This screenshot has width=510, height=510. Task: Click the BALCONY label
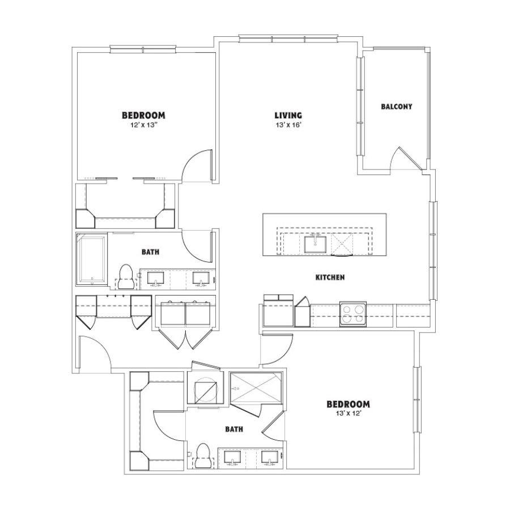click(397, 107)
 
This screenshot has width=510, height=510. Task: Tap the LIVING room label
click(288, 115)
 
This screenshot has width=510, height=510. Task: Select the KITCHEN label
click(330, 278)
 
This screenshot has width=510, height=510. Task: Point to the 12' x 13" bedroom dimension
click(143, 125)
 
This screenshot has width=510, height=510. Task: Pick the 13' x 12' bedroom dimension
click(348, 414)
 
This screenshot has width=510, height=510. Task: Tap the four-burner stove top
click(353, 314)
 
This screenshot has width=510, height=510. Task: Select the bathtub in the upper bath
click(92, 259)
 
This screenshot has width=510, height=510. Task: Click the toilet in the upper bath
click(126, 277)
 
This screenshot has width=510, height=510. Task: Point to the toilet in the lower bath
click(204, 456)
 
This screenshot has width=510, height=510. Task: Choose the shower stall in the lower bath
click(256, 387)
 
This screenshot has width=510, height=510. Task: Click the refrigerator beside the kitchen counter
click(278, 311)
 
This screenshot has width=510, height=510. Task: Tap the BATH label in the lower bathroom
click(234, 430)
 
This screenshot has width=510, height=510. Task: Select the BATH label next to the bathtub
click(151, 252)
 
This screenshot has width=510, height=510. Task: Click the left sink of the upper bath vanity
click(156, 279)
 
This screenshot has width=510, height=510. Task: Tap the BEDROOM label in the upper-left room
click(143, 115)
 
